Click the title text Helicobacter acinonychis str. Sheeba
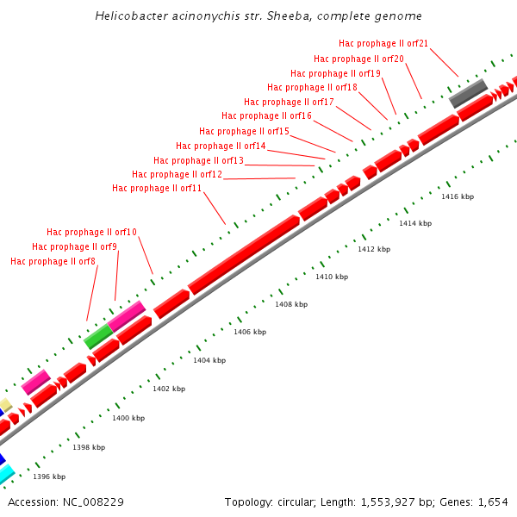[x=258, y=16]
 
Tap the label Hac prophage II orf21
[x=383, y=43]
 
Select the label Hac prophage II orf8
[x=53, y=261]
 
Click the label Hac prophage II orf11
[x=157, y=188]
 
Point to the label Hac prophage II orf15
[x=244, y=131]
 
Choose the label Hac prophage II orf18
[x=312, y=87]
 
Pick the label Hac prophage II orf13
[x=198, y=160]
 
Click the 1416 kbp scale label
[x=458, y=196]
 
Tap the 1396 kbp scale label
[x=49, y=477]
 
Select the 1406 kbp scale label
[x=250, y=332]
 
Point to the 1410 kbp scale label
[x=332, y=277]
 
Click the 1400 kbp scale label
[x=128, y=418]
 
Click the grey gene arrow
[x=468, y=93]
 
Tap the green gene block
[x=98, y=336]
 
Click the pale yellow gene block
[x=5, y=405]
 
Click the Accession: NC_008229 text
[x=58, y=501]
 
